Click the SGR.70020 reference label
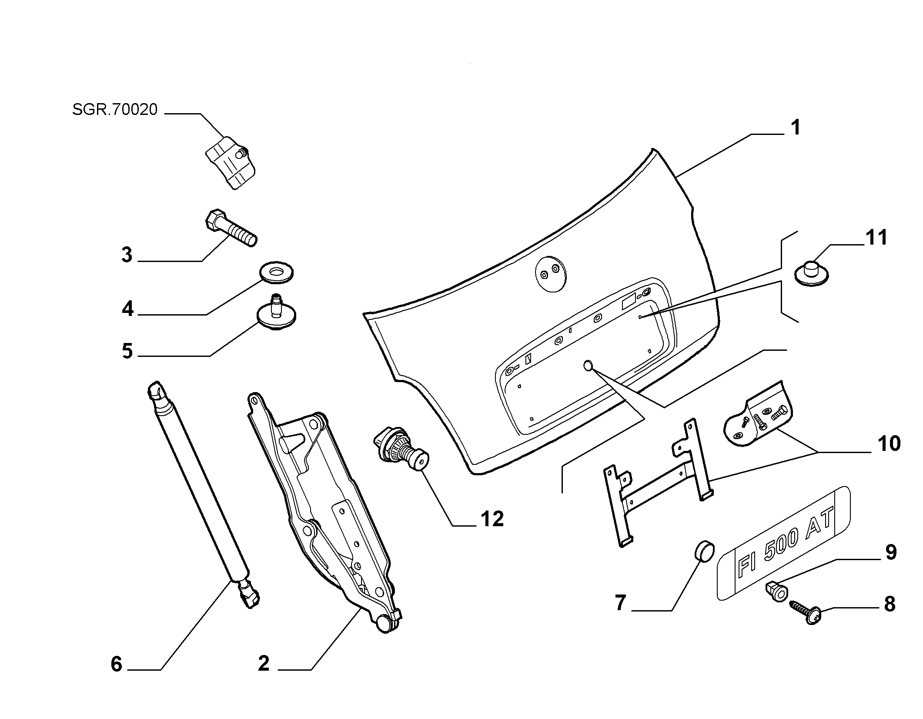(x=115, y=110)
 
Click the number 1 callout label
(x=795, y=128)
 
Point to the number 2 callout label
(x=264, y=664)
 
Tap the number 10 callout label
(x=888, y=444)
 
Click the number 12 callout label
(x=492, y=519)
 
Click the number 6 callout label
(x=116, y=664)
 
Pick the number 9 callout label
(x=891, y=553)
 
